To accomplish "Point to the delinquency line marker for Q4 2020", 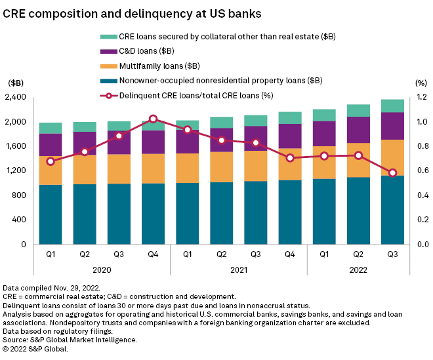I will coord(154,119).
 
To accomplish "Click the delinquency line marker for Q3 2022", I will coord(392,173).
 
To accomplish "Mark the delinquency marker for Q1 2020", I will coord(51,161).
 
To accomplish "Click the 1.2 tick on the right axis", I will coord(415,98).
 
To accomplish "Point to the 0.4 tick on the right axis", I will coord(415,195).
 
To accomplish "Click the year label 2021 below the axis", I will coord(239,270).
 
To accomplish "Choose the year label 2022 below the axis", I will coord(358,270).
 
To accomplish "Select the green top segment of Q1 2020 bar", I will coord(51,128).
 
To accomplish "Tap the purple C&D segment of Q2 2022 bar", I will coord(358,130).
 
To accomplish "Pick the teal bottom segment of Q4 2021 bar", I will coord(290,212).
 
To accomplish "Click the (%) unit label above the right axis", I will coord(413,83).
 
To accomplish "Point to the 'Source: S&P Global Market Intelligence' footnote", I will coord(70,340).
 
